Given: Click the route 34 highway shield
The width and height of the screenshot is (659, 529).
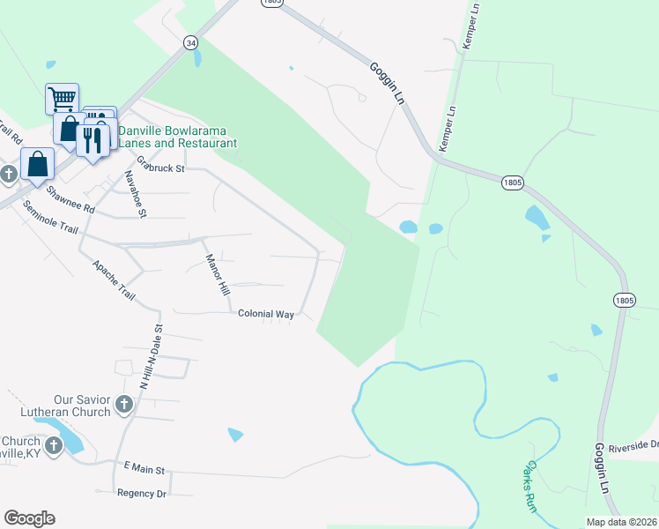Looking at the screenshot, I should tap(190, 41).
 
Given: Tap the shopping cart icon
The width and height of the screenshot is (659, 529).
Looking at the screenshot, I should tap(62, 97).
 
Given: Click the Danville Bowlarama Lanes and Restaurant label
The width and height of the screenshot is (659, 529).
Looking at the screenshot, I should tap(177, 137).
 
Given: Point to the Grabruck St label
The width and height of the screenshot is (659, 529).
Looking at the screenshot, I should tap(159, 165).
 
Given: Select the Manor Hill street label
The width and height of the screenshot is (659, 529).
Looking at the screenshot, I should tap(217, 275).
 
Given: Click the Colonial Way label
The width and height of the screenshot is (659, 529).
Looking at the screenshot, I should tap(266, 313).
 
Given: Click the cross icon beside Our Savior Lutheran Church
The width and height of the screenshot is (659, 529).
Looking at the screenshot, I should tap(123, 405).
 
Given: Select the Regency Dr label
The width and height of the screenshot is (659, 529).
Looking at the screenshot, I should tap(141, 494).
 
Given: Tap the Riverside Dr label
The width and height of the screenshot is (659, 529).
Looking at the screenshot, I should tap(639, 444).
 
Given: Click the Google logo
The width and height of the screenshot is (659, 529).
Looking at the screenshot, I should tap(29, 518).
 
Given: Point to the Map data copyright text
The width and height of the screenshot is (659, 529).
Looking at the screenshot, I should tap(620, 522).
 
